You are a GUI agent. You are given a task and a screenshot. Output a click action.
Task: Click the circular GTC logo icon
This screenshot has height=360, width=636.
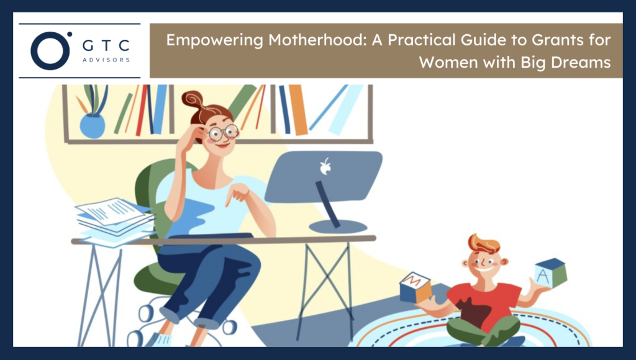pos(49,51)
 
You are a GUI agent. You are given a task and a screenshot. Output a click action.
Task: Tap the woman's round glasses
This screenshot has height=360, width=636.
pos(224,132)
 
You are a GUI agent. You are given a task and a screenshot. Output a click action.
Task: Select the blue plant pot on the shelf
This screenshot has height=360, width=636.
pos(93,125)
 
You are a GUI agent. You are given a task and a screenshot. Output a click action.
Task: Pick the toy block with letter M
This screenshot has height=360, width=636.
pos(415,287)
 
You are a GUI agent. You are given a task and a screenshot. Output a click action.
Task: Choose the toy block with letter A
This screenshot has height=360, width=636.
pos(550,274)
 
